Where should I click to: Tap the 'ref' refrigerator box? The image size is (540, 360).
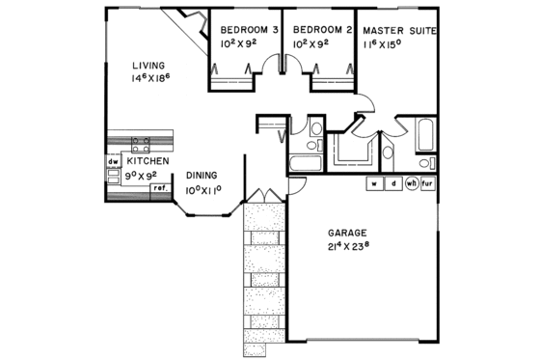coord(159,187)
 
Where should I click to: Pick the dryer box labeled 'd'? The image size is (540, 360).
coord(393,182)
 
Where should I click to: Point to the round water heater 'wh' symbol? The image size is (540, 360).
coord(412,182)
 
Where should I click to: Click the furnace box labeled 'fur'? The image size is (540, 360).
coord(429,182)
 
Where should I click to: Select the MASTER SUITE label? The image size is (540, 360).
coord(399,30)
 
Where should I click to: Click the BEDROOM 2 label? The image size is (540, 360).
coord(317,30)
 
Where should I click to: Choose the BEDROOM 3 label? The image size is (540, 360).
coord(244,30)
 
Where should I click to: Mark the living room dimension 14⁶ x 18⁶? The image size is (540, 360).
coord(151,78)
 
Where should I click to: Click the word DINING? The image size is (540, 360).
coord(202,175)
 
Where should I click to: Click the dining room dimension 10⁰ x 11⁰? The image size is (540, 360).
coord(203,190)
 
